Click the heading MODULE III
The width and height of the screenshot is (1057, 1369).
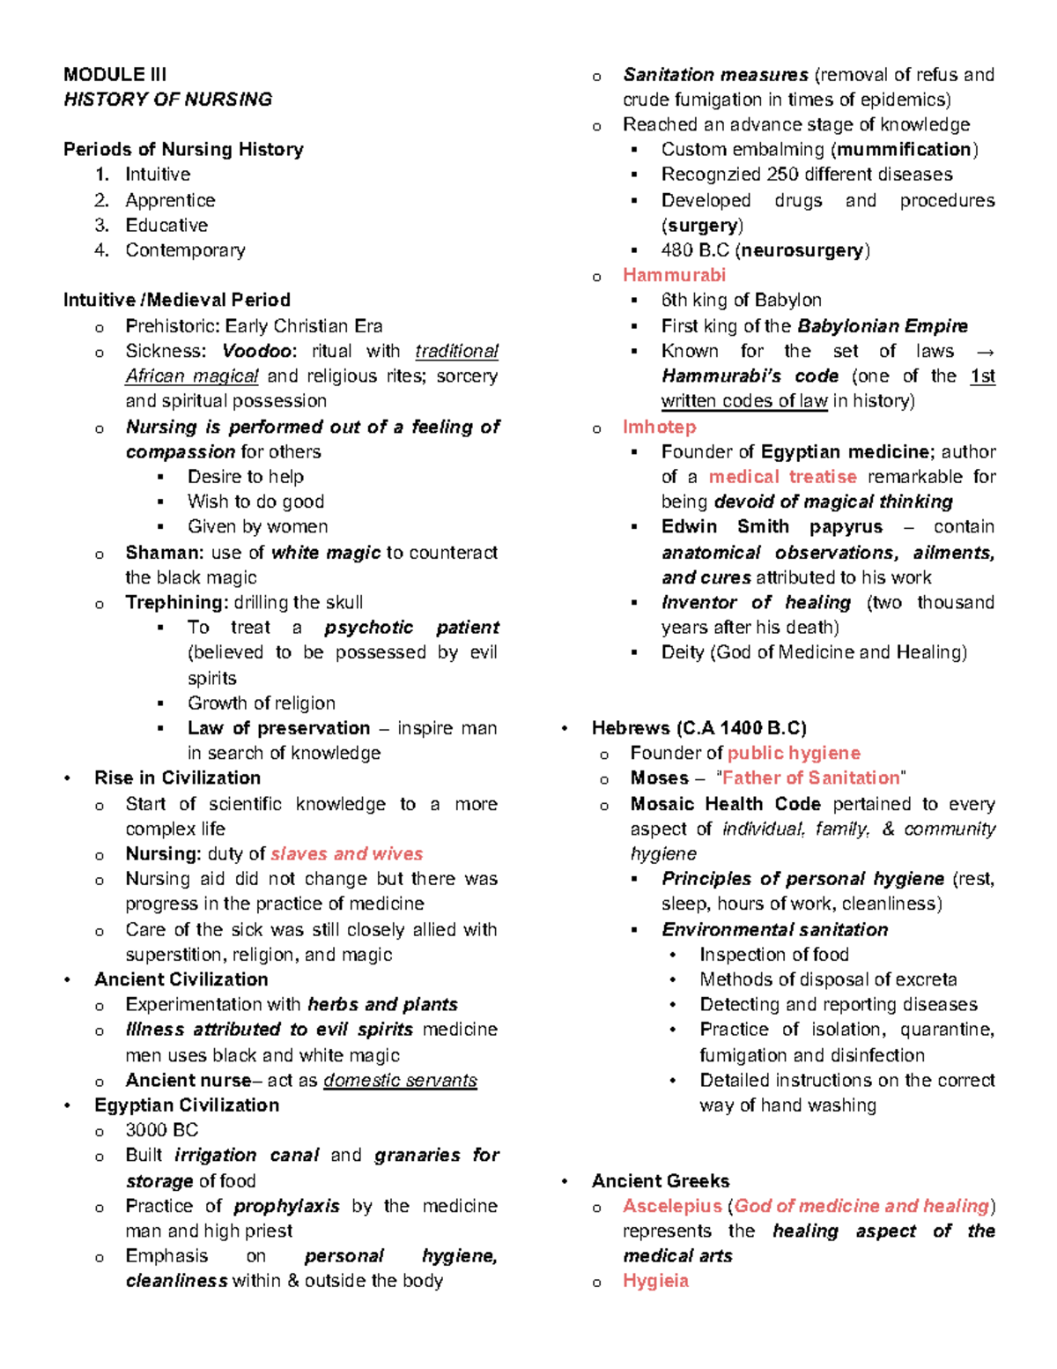(x=115, y=74)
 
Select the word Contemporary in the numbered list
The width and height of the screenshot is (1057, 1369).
(x=185, y=250)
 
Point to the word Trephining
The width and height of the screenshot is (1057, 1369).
(x=176, y=603)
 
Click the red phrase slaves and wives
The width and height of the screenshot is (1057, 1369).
(x=346, y=854)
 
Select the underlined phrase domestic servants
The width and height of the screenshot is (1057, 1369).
(x=400, y=1081)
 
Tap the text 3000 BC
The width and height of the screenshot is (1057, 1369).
(x=161, y=1130)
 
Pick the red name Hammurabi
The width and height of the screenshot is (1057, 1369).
(x=674, y=275)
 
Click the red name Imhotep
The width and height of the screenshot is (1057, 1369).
(x=659, y=427)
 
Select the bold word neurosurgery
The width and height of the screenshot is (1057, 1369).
(x=802, y=250)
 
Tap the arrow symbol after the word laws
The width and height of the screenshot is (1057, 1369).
(x=986, y=352)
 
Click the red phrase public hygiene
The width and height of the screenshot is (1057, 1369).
(x=794, y=754)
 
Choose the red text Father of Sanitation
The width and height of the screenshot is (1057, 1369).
(x=810, y=778)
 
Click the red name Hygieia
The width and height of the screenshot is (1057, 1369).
(x=655, y=1281)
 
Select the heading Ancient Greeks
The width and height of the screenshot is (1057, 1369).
(x=661, y=1181)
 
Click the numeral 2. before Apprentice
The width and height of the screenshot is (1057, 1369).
(x=102, y=201)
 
